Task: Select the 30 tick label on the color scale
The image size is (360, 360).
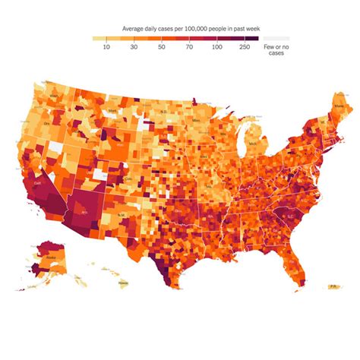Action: click(x=134, y=46)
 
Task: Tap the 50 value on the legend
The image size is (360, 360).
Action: click(x=161, y=46)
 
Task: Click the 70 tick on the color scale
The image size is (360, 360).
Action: click(x=188, y=46)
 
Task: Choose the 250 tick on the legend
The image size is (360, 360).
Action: click(x=244, y=46)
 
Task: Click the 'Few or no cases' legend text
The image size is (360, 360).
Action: click(x=276, y=49)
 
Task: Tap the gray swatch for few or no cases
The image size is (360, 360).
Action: click(x=276, y=37)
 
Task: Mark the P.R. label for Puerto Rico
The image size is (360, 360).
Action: click(x=332, y=286)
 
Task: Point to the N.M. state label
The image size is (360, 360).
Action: click(x=122, y=216)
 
